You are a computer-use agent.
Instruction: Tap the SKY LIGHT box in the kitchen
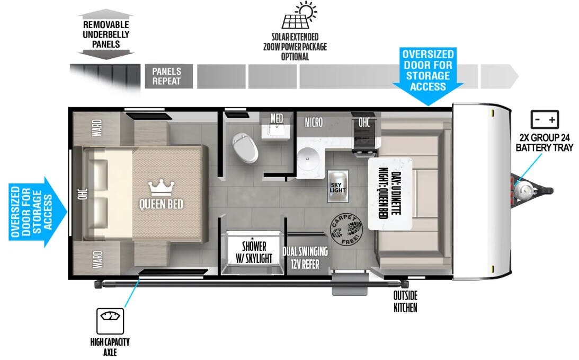pyautogui.click(x=337, y=186)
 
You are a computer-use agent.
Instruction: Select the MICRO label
pyautogui.click(x=314, y=122)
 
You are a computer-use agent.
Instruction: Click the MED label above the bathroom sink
pyautogui.click(x=277, y=117)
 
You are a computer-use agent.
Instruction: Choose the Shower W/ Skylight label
pyautogui.click(x=254, y=252)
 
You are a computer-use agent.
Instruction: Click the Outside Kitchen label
pyautogui.click(x=405, y=301)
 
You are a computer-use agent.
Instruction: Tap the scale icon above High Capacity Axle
pyautogui.click(x=110, y=321)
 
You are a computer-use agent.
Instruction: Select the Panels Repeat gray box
pyautogui.click(x=167, y=76)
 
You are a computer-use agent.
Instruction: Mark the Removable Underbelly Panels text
pyautogui.click(x=105, y=34)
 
